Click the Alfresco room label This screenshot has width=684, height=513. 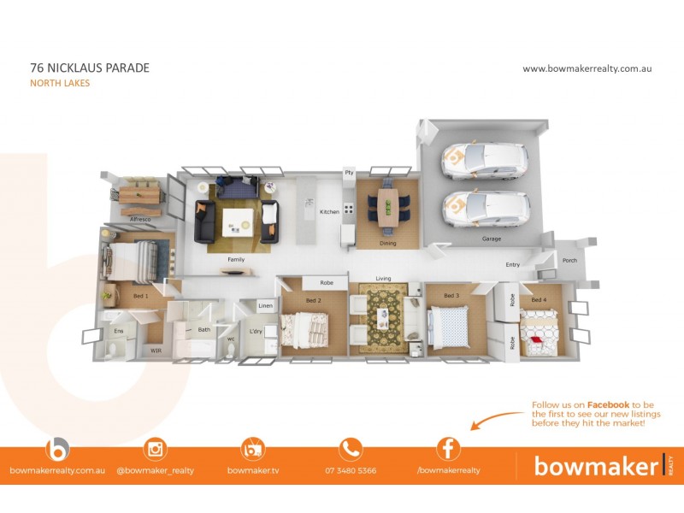[140, 220]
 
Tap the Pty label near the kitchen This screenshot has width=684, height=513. [349, 173]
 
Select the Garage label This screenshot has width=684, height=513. [491, 239]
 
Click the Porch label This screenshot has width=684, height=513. [569, 261]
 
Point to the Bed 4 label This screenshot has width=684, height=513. [539, 300]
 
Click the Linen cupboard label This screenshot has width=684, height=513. [265, 305]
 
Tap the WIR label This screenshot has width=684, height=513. [156, 351]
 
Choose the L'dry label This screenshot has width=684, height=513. [256, 332]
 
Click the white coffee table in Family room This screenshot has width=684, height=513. [238, 222]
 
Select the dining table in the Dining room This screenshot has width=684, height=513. [388, 207]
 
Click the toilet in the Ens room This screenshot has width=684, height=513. [112, 350]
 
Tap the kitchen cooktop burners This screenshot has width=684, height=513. [348, 209]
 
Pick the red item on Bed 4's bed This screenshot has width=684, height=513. [536, 339]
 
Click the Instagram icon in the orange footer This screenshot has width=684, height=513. [156, 449]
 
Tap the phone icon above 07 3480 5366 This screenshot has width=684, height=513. [351, 449]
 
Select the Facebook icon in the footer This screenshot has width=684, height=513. [448, 449]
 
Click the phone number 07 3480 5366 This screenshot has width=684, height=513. [351, 471]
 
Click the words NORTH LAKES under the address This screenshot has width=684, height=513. [60, 83]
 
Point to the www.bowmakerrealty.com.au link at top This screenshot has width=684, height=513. [587, 68]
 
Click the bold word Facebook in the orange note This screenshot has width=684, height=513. [608, 404]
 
